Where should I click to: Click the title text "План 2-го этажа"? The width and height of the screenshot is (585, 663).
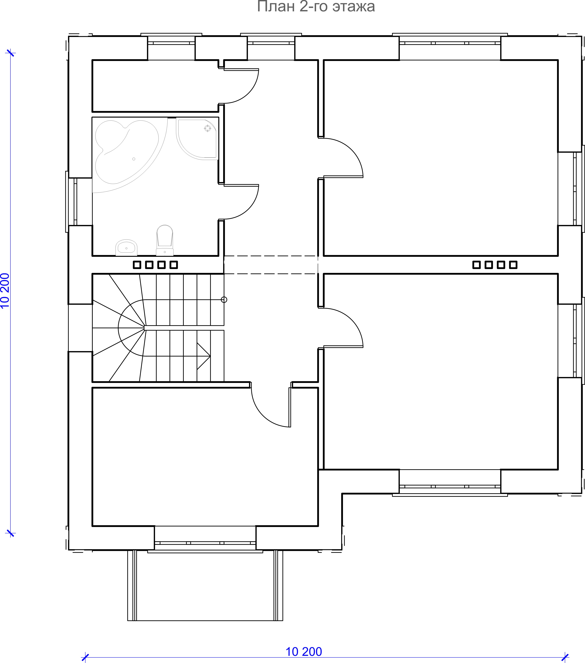tap(316, 6)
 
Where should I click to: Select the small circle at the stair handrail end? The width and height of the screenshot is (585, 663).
tap(224, 300)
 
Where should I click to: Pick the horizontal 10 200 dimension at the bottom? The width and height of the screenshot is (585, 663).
tap(304, 651)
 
